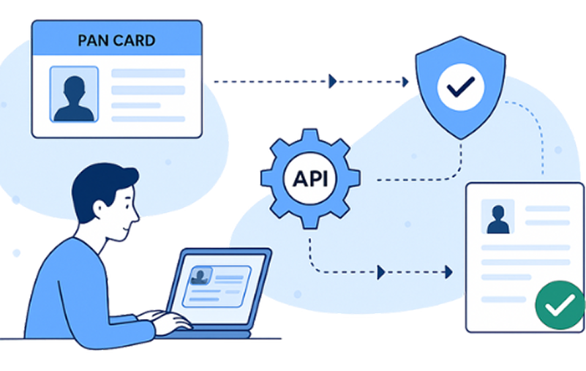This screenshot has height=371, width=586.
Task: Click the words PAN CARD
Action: [x=117, y=39]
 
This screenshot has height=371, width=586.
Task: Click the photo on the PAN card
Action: [x=74, y=94]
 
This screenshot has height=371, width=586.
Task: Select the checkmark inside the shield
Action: [x=460, y=89]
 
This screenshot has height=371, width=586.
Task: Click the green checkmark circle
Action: [x=560, y=304]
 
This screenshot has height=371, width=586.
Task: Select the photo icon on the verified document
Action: [x=498, y=217]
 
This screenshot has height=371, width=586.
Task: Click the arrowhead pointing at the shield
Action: [x=405, y=81]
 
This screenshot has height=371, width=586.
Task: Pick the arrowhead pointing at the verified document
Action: [x=448, y=272]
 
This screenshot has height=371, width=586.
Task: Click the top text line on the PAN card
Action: [x=148, y=74]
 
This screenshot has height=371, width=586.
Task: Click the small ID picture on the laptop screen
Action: [x=200, y=275]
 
